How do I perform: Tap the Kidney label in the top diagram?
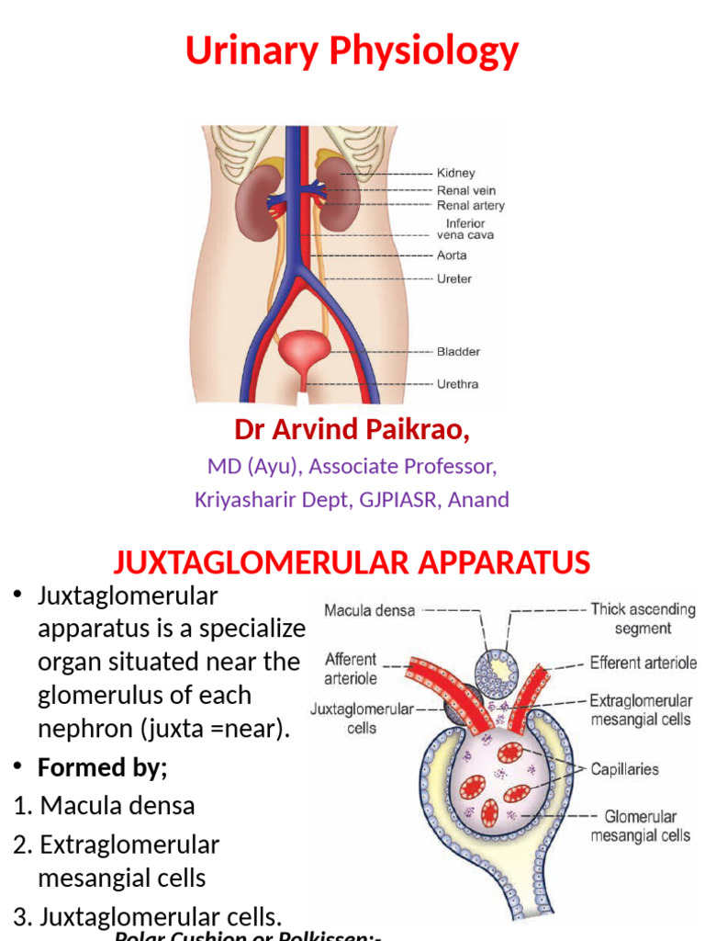(456, 173)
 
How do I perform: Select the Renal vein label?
(466, 190)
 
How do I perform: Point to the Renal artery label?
(470, 206)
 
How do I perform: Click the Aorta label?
(452, 255)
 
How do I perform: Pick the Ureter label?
(454, 278)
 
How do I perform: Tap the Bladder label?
(458, 351)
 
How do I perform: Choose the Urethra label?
(458, 383)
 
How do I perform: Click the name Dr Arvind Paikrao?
(352, 429)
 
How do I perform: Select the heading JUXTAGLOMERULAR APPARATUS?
(352, 561)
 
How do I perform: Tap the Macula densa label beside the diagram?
(370, 609)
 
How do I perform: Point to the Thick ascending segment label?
(643, 618)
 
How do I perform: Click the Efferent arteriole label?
(643, 663)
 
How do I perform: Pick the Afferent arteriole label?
(351, 669)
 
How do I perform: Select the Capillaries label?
(625, 769)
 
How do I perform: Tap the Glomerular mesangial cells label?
(641, 825)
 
